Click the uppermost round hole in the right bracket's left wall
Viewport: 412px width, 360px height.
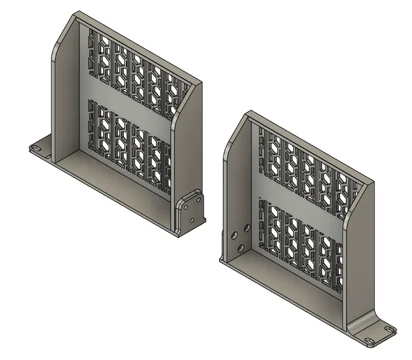[x=247, y=228]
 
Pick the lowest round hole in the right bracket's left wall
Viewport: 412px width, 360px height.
[x=241, y=248]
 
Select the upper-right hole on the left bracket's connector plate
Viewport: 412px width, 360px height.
[x=199, y=199]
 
